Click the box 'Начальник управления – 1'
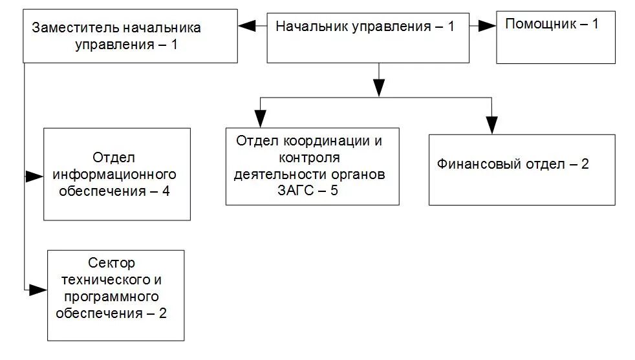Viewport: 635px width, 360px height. point(368,37)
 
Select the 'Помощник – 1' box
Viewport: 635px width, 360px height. point(555,37)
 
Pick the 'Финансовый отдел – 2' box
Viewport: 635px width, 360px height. point(521,169)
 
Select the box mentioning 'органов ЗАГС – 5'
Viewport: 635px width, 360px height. point(312,166)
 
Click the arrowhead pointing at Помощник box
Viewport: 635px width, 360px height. point(486,26)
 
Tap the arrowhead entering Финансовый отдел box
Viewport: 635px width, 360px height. point(492,125)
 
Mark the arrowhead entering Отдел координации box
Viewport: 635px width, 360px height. point(260,119)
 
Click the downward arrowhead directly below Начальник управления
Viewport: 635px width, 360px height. point(378,87)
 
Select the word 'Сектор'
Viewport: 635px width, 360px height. point(115,263)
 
